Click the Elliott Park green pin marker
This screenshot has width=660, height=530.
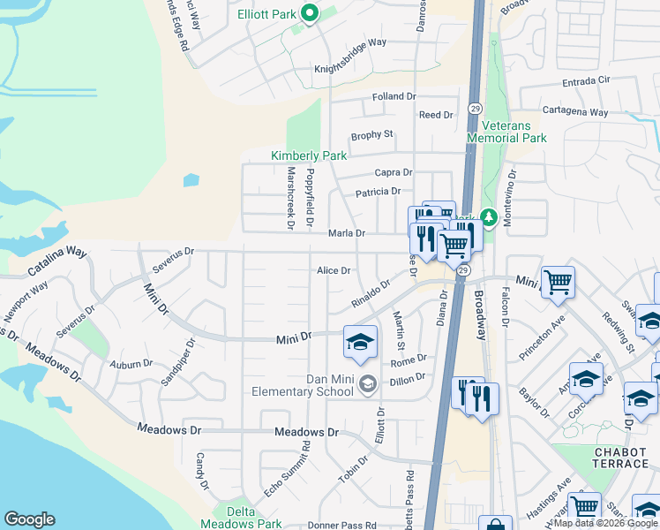tap(309, 13)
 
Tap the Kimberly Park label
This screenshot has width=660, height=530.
tap(309, 155)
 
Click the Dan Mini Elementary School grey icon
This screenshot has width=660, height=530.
tap(368, 382)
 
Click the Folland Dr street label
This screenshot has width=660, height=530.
tap(394, 96)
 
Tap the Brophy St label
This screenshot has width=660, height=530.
tap(371, 134)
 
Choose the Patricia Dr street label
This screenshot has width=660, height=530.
tap(378, 192)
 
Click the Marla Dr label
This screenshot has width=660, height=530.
tap(347, 233)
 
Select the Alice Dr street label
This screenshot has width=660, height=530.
tap(334, 271)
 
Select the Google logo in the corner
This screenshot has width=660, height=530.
tap(29, 519)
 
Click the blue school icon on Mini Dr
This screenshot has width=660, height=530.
tap(360, 343)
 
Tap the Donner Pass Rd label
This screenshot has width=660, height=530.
tap(343, 526)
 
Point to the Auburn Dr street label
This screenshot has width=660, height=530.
tap(131, 363)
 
